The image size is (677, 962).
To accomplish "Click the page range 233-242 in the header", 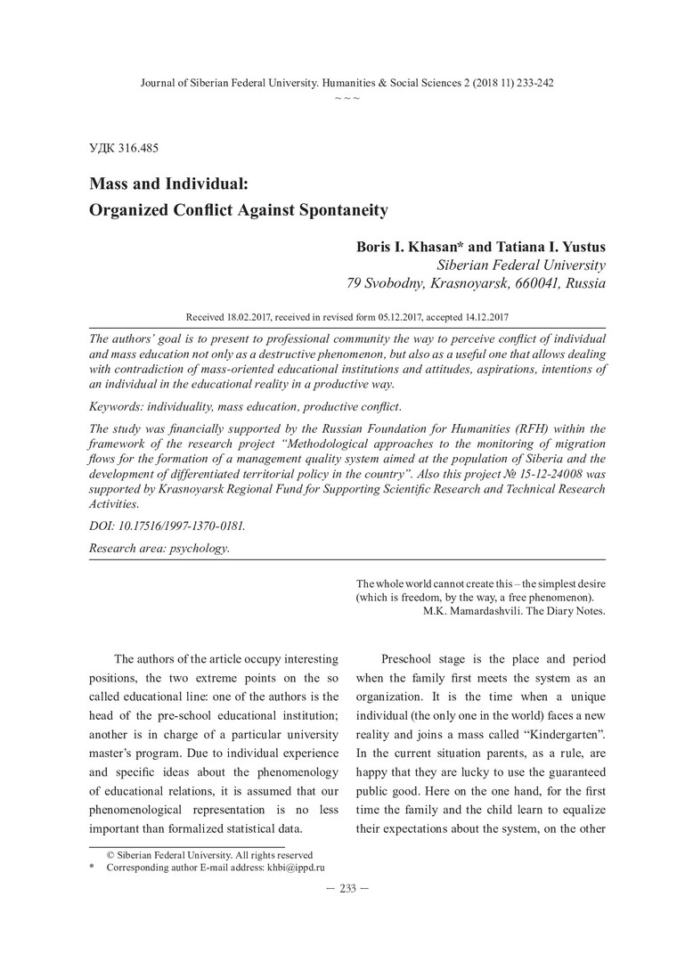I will (529, 83).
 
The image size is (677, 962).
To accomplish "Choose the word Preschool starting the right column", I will (410, 659).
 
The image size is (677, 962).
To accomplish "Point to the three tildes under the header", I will (347, 96).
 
